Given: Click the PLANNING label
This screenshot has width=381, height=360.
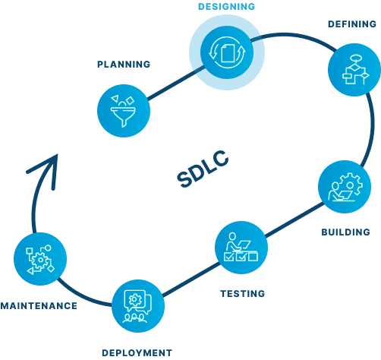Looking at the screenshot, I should click(x=123, y=64).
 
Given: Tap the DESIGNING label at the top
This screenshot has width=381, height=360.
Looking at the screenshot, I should click(x=226, y=7).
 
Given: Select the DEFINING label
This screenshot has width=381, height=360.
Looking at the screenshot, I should click(x=352, y=24).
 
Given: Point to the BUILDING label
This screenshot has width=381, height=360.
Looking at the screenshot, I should click(x=345, y=232).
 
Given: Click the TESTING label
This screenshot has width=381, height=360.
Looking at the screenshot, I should click(x=242, y=293).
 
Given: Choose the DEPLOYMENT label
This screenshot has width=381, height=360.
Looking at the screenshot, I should click(x=137, y=352).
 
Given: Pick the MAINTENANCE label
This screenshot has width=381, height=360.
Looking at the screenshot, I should click(x=39, y=306).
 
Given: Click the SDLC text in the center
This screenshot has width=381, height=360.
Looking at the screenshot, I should click(x=203, y=169).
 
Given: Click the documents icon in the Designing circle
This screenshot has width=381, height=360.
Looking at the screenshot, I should click(x=226, y=51).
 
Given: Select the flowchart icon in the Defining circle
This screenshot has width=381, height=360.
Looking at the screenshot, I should click(x=353, y=71).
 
